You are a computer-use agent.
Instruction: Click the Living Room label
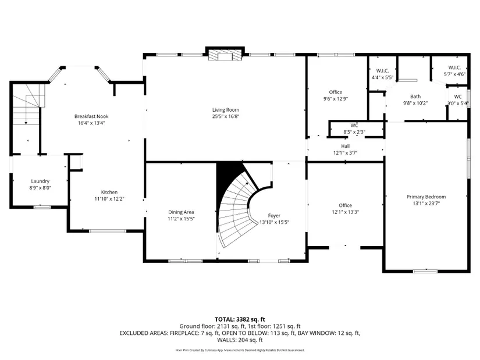tap(226, 109)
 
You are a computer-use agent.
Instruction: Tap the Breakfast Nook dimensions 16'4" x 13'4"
tap(91, 123)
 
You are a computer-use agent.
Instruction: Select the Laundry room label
tap(40, 181)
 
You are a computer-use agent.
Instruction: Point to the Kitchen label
tap(109, 193)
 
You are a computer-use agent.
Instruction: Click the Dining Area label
tap(181, 212)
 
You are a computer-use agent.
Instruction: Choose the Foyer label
tap(274, 216)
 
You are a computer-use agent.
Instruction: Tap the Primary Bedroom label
tap(426, 197)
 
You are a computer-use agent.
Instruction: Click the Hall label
tap(345, 147)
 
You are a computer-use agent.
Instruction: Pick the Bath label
tap(415, 97)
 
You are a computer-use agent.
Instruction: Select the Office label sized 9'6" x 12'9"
tap(336, 92)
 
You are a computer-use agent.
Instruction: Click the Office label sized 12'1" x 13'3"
tap(345, 205)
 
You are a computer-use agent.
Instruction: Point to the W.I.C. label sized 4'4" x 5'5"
tap(382, 71)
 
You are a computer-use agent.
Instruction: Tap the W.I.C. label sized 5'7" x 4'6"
tap(454, 67)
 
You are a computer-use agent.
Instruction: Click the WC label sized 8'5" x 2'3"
tap(354, 126)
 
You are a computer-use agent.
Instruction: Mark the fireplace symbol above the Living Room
tap(225, 54)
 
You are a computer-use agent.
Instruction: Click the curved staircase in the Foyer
tap(236, 211)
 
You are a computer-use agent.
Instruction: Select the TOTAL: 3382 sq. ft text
tap(240, 320)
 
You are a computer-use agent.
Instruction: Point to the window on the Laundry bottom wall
tap(42, 207)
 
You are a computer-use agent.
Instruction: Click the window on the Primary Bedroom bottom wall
tap(425, 271)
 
